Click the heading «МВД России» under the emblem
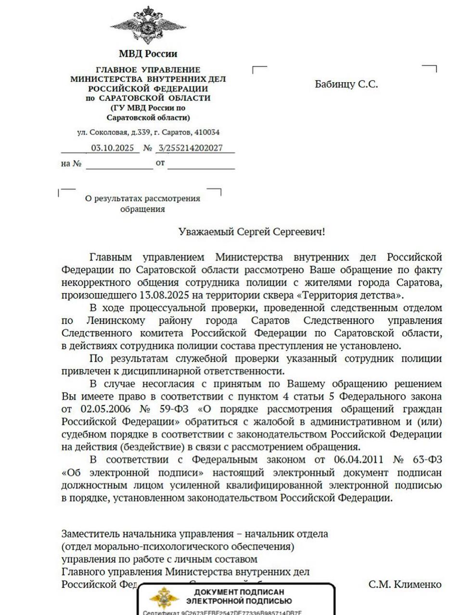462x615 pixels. (x=148, y=54)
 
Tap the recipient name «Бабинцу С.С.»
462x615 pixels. (x=346, y=84)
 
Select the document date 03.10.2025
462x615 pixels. (x=113, y=148)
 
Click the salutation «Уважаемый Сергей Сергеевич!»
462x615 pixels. (x=252, y=232)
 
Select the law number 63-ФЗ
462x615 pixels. (x=427, y=460)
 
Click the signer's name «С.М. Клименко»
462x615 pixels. (x=405, y=584)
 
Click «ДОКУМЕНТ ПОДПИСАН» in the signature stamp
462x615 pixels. (x=239, y=592)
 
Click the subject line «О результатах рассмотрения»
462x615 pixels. (x=142, y=198)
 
